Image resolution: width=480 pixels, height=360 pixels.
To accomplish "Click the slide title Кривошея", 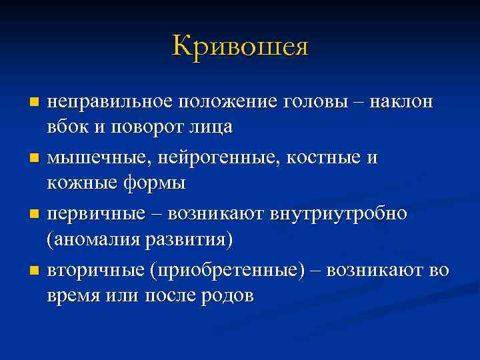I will pos(240,46).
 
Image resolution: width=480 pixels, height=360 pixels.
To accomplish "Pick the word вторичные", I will pos(94,270).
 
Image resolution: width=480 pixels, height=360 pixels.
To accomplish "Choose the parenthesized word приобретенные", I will pos(222,270).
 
